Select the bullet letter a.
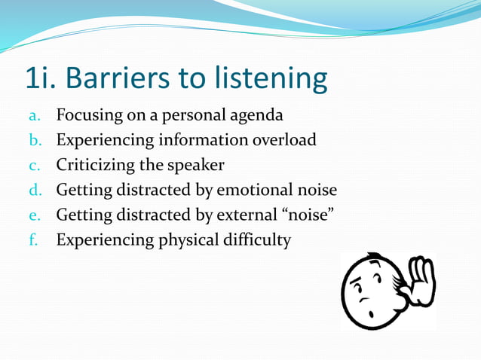tap(33, 117)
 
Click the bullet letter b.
tap(33, 140)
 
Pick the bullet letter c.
tap(33, 165)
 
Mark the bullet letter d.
tap(33, 190)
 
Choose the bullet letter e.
tap(33, 215)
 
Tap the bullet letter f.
tap(33, 239)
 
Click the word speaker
tap(198, 165)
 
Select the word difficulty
tap(256, 239)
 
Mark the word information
tap(200, 140)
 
